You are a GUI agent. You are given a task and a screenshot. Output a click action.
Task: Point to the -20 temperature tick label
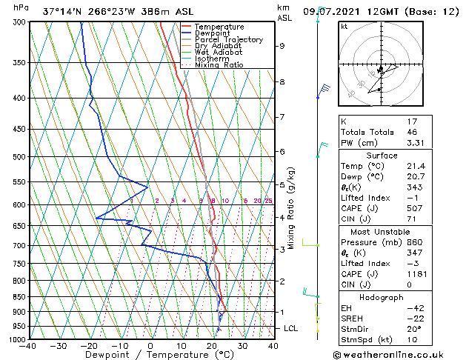[x=89, y=346]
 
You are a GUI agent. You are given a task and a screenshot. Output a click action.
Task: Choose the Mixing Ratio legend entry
[x=219, y=65]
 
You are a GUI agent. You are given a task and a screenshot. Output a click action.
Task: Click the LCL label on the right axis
[x=287, y=327]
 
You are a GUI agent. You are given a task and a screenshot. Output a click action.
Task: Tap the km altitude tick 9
[x=282, y=46]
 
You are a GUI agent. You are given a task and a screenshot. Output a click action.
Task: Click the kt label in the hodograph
[x=344, y=26]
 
